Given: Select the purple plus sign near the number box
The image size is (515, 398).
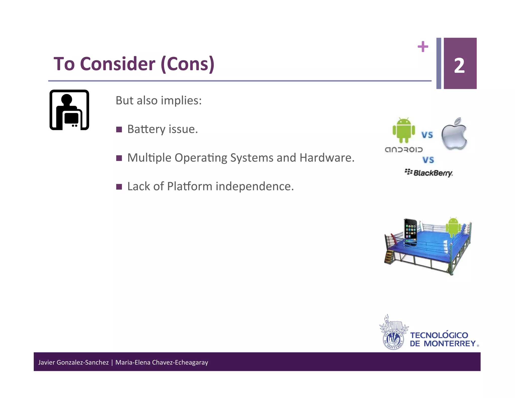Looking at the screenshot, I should [423, 47].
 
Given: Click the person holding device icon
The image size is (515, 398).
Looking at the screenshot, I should [69, 110].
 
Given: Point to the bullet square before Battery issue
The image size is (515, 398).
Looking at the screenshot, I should [119, 130].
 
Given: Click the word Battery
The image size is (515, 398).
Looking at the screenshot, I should [146, 129].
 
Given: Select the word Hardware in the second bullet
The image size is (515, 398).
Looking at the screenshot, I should [327, 158].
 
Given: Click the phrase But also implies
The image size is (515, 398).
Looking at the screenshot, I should [158, 100].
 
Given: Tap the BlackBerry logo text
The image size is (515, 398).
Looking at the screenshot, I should [433, 173].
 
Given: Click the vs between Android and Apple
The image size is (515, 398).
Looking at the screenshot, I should [427, 135].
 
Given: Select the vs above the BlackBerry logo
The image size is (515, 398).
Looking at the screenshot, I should [428, 160].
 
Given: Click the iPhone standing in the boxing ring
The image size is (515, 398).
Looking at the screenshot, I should [410, 231].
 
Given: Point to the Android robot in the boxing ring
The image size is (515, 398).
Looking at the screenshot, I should [453, 226].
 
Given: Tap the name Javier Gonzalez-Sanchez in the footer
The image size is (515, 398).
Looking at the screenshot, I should [73, 362].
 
